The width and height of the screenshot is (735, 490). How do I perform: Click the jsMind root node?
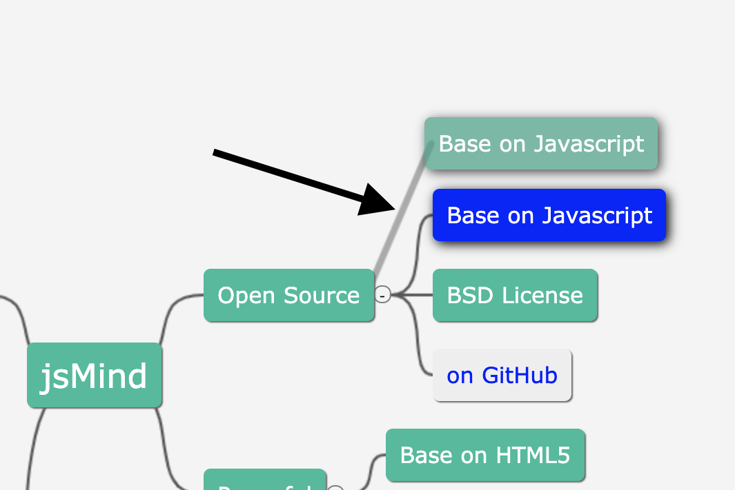click(x=94, y=376)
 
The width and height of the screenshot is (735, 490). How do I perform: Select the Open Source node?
click(x=288, y=296)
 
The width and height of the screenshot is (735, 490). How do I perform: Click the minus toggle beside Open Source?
click(x=383, y=295)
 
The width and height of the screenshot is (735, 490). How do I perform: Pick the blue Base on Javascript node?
click(x=549, y=215)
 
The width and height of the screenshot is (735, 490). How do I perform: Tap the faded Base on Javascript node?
click(x=541, y=143)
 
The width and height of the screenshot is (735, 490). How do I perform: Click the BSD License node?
click(x=515, y=296)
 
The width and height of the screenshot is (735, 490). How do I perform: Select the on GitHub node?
click(x=502, y=376)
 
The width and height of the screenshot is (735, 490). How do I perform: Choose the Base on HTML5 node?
click(x=485, y=455)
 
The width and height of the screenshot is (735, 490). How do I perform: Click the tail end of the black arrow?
click(x=215, y=152)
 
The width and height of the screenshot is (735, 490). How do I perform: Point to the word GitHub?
click(x=519, y=376)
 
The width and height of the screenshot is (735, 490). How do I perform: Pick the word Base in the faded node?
click(x=460, y=143)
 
